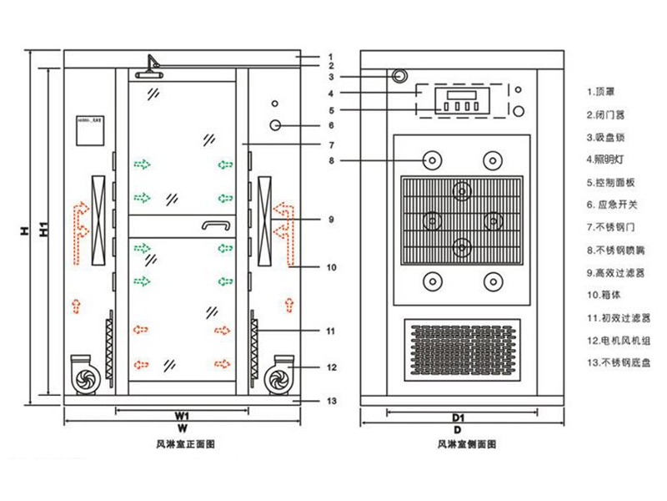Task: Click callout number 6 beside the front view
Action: coord(330,125)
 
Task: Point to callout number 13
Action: coord(331,401)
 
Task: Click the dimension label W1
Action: coord(181,415)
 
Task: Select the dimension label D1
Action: coord(457,415)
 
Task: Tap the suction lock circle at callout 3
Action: coord(401,76)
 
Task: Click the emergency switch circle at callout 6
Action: coord(275,125)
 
